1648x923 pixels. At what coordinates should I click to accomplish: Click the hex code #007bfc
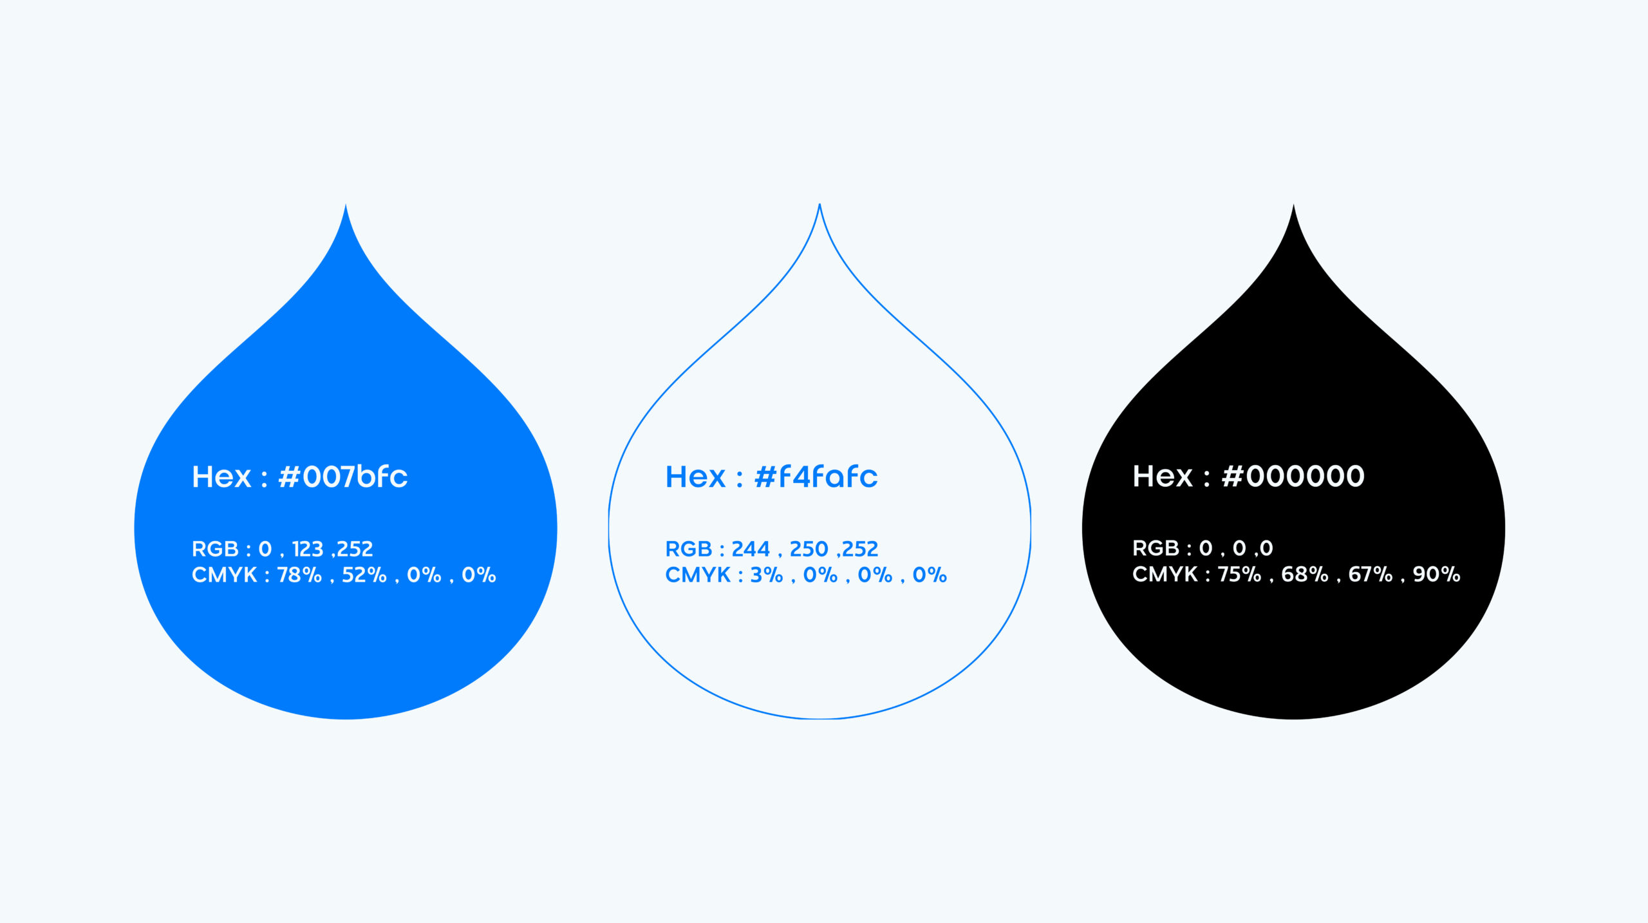pos(343,477)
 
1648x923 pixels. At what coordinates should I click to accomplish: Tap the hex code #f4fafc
pos(816,477)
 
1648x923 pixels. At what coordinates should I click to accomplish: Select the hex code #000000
pos(1293,476)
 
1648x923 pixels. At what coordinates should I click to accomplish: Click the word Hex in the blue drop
pos(221,477)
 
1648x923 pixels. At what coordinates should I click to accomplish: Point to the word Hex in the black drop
pos(1163,476)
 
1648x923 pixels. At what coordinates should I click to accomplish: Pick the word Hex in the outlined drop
pos(695,477)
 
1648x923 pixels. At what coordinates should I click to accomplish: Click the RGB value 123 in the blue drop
pos(308,549)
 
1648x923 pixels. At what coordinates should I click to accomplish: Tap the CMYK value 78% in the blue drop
pos(299,575)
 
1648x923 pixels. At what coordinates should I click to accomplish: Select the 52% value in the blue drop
pos(364,575)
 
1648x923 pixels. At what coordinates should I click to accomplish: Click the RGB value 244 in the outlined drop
pos(751,549)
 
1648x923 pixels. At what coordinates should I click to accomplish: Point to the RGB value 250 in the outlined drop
pos(809,549)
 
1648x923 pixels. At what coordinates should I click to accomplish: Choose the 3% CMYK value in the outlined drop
pos(767,575)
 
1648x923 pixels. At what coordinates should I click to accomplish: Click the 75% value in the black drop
pos(1239,574)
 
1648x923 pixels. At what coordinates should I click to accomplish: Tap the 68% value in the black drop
pos(1305,574)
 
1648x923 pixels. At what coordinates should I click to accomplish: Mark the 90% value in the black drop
pos(1437,574)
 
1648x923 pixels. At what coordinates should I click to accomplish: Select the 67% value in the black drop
pos(1371,574)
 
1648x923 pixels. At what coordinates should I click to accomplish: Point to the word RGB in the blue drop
pos(215,549)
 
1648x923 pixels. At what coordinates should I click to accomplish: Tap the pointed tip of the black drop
pos(1293,205)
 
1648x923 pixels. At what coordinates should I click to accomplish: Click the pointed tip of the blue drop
pos(346,205)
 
